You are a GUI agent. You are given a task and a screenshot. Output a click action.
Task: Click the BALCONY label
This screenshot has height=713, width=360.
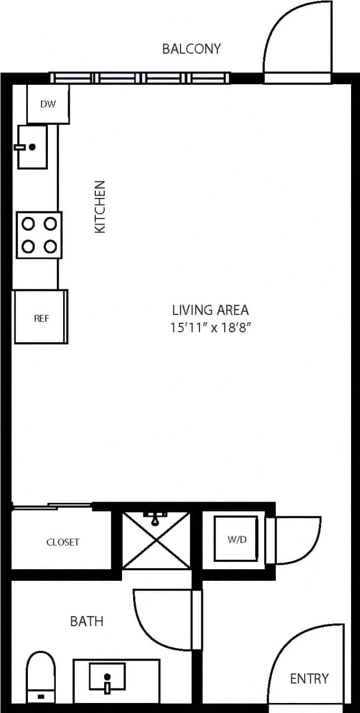(191, 48)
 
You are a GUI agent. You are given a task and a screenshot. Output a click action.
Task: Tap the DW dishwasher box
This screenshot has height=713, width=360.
(48, 104)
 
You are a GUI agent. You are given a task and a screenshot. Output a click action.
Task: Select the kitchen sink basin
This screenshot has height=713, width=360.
(32, 147)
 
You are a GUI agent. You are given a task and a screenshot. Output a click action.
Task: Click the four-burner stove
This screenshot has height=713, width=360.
(39, 235)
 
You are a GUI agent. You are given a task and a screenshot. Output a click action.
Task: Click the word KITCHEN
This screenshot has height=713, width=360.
(100, 206)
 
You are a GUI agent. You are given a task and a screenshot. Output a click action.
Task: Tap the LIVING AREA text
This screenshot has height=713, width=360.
(210, 309)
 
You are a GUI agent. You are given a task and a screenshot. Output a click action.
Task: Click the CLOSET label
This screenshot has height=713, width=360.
(62, 542)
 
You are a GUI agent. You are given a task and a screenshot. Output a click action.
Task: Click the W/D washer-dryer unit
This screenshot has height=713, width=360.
(236, 539)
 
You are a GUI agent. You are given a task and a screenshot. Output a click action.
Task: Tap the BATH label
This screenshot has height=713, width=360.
(86, 621)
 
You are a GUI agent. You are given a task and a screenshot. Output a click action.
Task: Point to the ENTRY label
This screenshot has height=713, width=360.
(309, 678)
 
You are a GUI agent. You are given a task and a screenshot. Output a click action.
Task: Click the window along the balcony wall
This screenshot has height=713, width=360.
(139, 78)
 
